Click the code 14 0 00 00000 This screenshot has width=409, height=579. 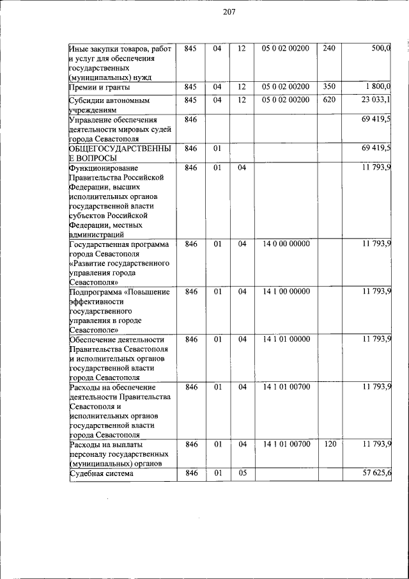pyautogui.click(x=286, y=244)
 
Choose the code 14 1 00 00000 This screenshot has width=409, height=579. pyautogui.click(x=286, y=292)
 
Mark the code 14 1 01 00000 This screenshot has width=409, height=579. pyautogui.click(x=286, y=340)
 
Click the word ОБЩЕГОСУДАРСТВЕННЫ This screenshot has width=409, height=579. pyautogui.click(x=120, y=148)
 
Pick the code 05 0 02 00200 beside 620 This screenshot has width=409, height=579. pyautogui.click(x=286, y=100)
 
